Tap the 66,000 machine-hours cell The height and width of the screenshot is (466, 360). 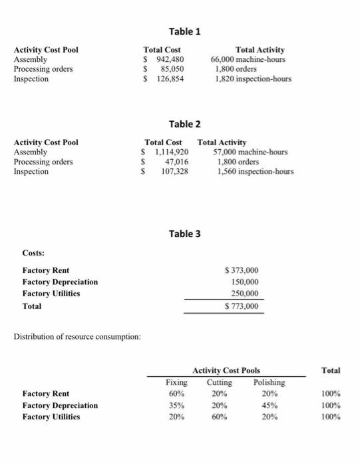click(x=248, y=59)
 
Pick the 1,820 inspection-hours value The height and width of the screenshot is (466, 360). click(x=252, y=79)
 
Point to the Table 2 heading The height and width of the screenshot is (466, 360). click(x=184, y=124)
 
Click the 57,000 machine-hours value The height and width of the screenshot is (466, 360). click(x=250, y=152)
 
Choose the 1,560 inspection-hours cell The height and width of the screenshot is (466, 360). click(x=255, y=172)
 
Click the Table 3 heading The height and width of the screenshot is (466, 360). click(x=184, y=234)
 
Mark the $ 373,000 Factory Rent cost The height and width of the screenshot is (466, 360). click(x=242, y=270)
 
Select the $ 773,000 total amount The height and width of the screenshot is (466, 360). click(x=242, y=306)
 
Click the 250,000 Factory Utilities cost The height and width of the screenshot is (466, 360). click(x=245, y=294)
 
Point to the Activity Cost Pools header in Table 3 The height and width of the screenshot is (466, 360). click(x=226, y=370)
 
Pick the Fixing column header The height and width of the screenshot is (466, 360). click(x=176, y=383)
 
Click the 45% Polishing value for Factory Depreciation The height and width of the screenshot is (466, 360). click(x=269, y=405)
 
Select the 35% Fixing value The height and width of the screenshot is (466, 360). click(x=176, y=405)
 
